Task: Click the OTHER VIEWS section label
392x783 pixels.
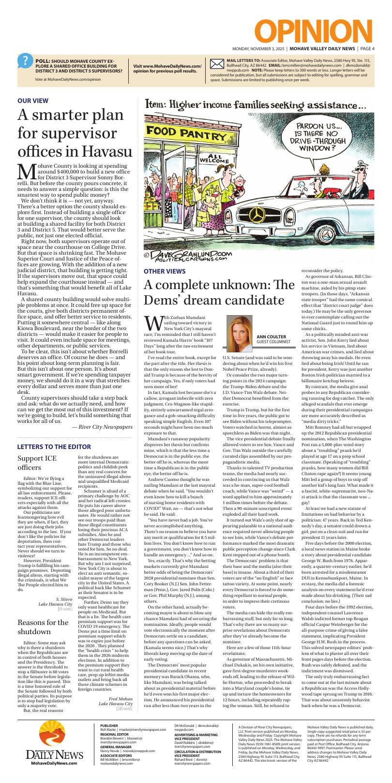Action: point(164,271)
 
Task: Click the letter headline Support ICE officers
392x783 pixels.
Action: point(37,463)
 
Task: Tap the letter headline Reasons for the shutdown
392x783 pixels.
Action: point(43,627)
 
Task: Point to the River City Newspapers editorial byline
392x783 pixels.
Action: point(102,426)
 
